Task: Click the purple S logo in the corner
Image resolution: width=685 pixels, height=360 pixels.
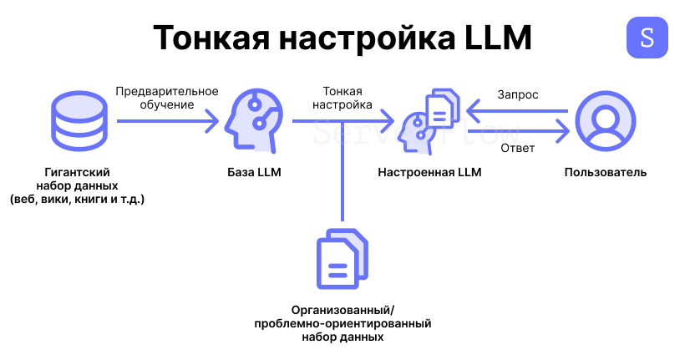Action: [x=647, y=37]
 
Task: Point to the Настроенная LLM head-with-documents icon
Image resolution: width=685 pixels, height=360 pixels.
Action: [x=429, y=124]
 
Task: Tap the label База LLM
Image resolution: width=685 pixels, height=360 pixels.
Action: [x=255, y=173]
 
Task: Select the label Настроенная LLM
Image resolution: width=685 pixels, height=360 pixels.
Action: [x=429, y=173]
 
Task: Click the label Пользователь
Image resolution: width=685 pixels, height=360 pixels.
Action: [x=606, y=173]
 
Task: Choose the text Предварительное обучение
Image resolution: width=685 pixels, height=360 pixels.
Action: [x=167, y=99]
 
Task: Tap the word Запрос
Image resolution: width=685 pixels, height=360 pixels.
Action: [x=518, y=95]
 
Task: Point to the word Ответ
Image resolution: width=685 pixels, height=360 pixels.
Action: [x=518, y=149]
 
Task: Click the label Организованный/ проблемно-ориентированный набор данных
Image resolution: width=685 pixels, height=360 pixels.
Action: [x=342, y=323]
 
